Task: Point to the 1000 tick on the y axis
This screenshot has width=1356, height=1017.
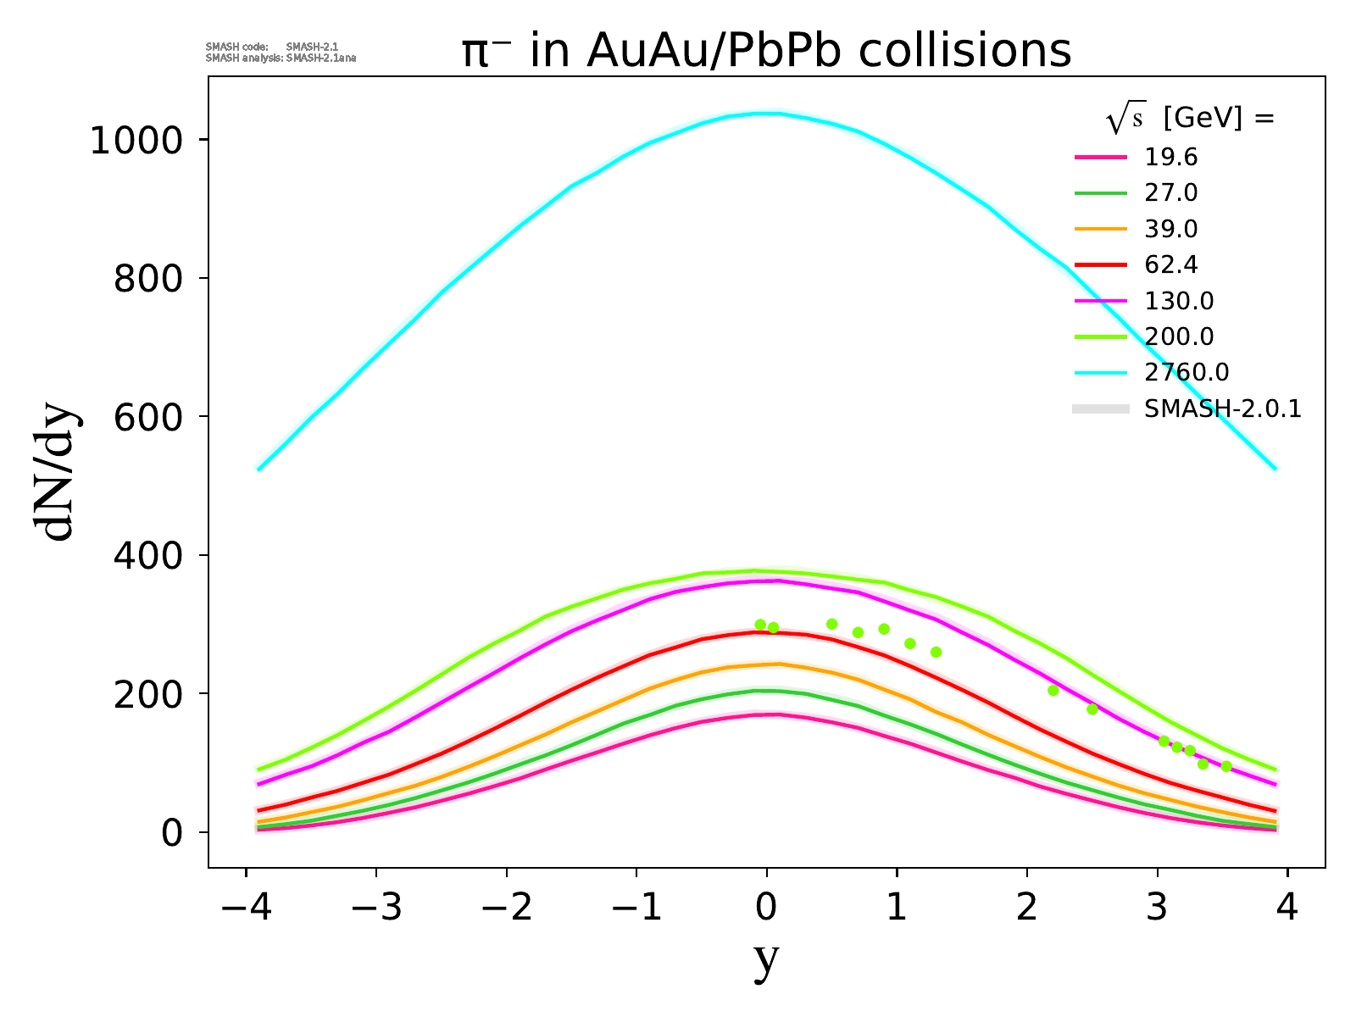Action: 136,140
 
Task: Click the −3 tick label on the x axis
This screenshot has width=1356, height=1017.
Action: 375,909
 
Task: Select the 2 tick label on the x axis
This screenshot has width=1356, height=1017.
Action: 1027,909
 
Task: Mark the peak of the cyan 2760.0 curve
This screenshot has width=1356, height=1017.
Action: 767,113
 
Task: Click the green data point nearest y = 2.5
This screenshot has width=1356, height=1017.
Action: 1092,709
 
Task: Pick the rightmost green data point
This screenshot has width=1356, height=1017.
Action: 1225,766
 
